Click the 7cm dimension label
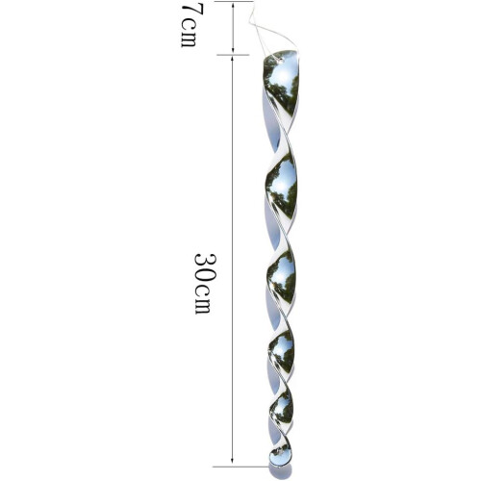click(x=189, y=26)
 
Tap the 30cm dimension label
click(x=203, y=284)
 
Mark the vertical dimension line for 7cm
click(x=233, y=27)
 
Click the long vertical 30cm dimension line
click(x=232, y=260)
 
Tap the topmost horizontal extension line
click(x=234, y=1)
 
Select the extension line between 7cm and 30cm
click(x=233, y=55)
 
